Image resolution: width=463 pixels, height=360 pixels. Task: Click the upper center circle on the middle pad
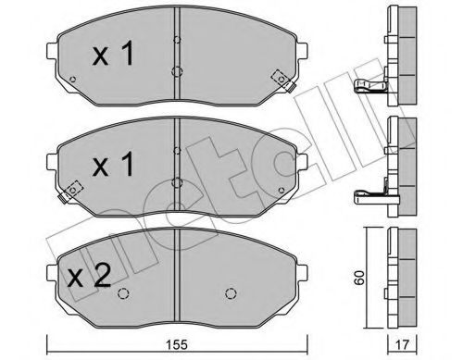175,148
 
